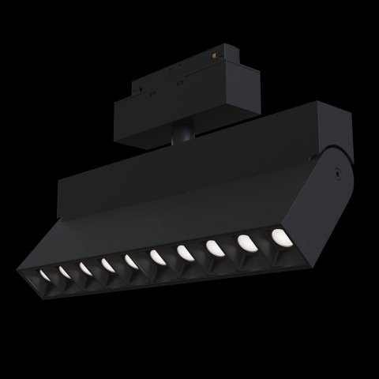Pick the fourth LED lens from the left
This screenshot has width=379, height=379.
click(x=106, y=264)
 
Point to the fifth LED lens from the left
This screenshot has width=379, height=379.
click(x=129, y=260)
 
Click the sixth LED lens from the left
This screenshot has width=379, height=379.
click(x=156, y=255)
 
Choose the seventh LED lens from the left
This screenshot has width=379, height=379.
click(x=183, y=252)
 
